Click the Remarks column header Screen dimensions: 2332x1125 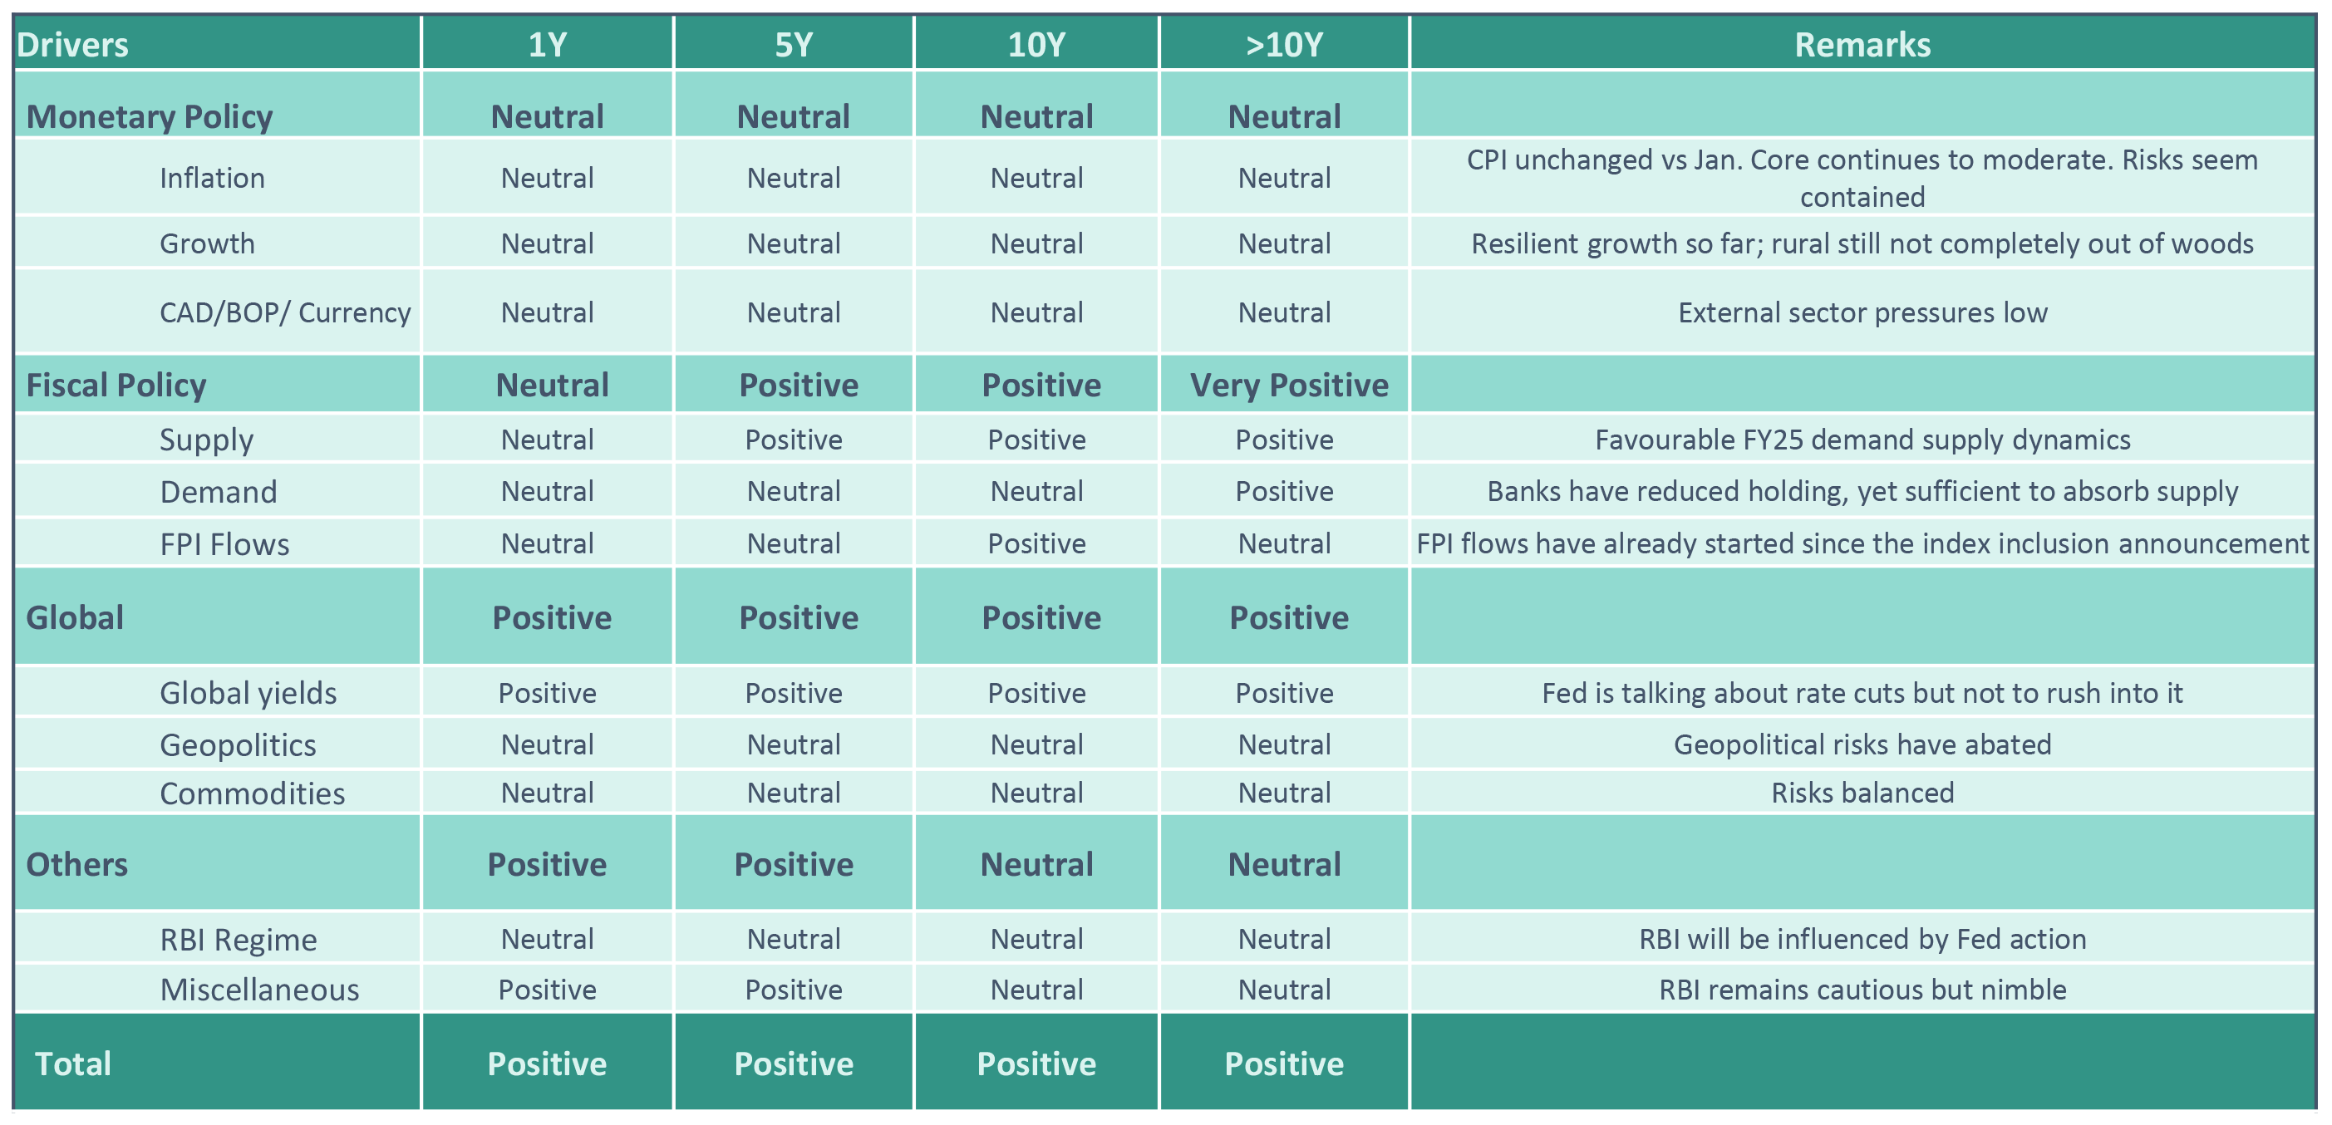pyautogui.click(x=1862, y=44)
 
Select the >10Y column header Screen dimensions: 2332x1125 pyautogui.click(x=1284, y=44)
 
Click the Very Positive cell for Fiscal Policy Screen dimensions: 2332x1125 pyautogui.click(x=1288, y=386)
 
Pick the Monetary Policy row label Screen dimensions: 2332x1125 pyautogui.click(x=150, y=117)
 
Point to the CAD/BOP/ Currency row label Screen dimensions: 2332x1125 pyautogui.click(x=285, y=312)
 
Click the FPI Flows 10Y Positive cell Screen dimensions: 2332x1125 pyautogui.click(x=1036, y=543)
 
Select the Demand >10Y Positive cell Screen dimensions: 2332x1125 pyautogui.click(x=1284, y=490)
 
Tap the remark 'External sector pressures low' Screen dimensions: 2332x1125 pyautogui.click(x=1862, y=312)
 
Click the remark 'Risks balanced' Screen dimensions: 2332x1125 pyautogui.click(x=1862, y=793)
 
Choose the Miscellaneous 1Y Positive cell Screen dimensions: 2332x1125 pyautogui.click(x=547, y=990)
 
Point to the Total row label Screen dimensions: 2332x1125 pyautogui.click(x=72, y=1064)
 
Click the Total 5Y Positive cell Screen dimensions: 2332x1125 pyautogui.click(x=793, y=1064)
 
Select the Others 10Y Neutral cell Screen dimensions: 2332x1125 pyautogui.click(x=1036, y=864)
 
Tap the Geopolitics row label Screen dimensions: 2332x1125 pyautogui.click(x=238, y=744)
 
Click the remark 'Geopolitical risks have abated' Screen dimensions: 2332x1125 pyautogui.click(x=1862, y=744)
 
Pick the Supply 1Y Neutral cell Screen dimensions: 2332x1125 pyautogui.click(x=547, y=439)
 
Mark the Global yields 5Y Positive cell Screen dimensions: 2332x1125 pyautogui.click(x=793, y=692)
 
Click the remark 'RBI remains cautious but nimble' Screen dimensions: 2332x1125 pyautogui.click(x=1862, y=990)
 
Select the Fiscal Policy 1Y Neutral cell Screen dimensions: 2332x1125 pyautogui.click(x=552, y=386)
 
